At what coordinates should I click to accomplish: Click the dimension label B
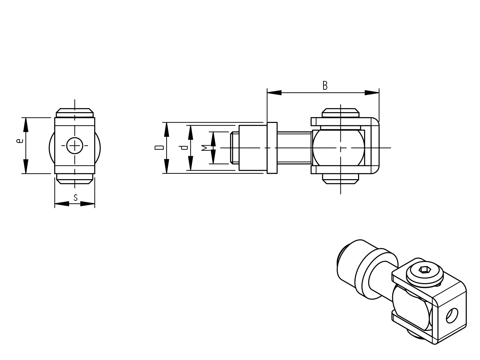tap(325, 85)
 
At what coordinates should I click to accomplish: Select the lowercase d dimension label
tap(184, 148)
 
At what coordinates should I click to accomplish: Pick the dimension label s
tap(76, 197)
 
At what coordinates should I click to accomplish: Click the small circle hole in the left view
tap(75, 146)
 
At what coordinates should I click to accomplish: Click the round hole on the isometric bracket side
tap(452, 316)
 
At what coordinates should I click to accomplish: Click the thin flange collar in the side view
tap(272, 148)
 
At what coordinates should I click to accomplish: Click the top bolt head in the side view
tap(340, 113)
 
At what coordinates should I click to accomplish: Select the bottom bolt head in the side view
tap(340, 178)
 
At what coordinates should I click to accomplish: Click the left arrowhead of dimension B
tap(274, 92)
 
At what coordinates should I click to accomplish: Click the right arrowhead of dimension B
tap(372, 92)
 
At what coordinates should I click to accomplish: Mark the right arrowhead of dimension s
tap(88, 204)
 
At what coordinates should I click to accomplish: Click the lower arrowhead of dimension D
tap(166, 167)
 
